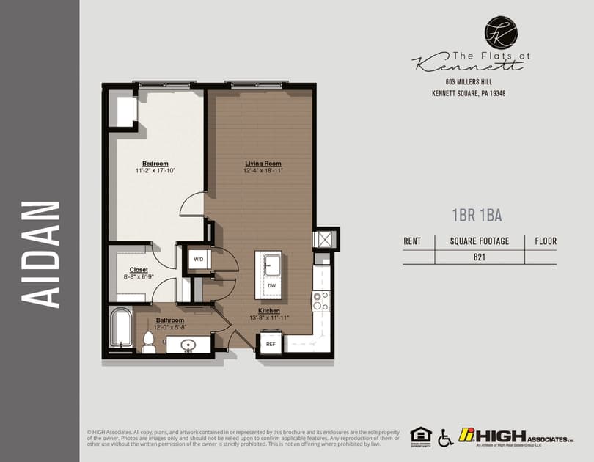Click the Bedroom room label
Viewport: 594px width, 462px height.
point(155,164)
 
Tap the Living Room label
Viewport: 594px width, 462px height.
point(263,164)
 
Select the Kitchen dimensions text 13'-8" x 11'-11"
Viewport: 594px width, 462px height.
point(269,318)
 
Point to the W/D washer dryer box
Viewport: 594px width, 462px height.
point(199,259)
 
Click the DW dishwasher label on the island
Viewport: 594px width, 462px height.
point(271,285)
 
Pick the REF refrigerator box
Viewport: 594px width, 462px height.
point(270,343)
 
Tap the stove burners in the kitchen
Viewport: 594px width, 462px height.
point(321,300)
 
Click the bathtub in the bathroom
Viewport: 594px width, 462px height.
point(120,328)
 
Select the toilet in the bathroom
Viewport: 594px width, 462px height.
point(149,341)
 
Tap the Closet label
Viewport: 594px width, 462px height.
point(139,270)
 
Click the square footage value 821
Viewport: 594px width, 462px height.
point(480,257)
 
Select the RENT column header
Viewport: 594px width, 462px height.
point(413,241)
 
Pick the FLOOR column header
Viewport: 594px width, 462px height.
point(546,241)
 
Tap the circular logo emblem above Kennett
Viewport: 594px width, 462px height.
point(501,33)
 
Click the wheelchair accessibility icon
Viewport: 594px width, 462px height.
point(445,438)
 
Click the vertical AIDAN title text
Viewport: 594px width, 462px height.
point(41,253)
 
